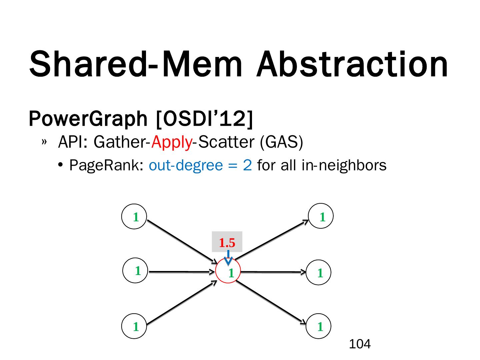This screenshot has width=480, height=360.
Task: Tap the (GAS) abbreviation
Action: coord(281,142)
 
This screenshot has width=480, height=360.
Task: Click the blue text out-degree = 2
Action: coord(200,165)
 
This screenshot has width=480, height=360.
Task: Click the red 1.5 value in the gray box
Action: coord(227,243)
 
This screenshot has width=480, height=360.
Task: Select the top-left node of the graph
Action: coord(134,217)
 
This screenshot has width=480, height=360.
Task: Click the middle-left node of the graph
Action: coord(136,271)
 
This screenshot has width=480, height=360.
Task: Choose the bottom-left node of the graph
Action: coord(134,326)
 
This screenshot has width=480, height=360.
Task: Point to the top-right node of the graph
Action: coord(321,216)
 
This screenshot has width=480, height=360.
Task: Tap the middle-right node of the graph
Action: coord(319,272)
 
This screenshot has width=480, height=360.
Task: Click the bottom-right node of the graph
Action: coord(319,326)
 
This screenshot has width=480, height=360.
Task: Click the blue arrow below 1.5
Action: coord(228,258)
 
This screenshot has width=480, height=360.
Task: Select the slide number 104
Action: coord(360,344)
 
